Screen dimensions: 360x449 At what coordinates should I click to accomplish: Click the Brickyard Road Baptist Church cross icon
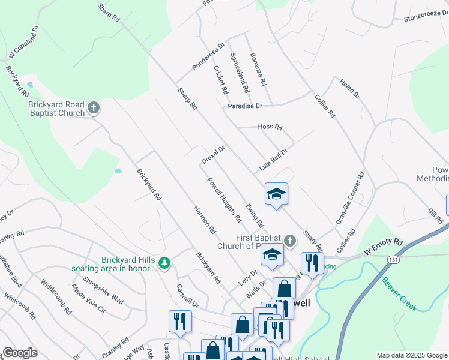tap(94, 108)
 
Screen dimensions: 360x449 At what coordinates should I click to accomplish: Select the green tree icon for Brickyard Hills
tap(164, 263)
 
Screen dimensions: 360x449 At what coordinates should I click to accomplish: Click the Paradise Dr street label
tap(245, 106)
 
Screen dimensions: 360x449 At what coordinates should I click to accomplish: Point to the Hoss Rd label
tap(270, 127)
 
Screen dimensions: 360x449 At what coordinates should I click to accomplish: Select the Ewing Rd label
tap(254, 214)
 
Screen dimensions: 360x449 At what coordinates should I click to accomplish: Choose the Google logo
tap(20, 353)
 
